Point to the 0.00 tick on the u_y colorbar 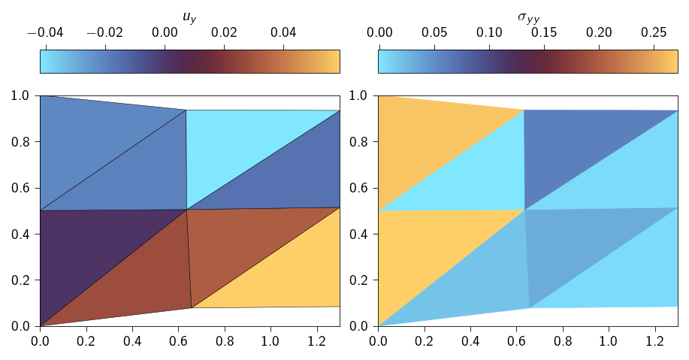tap(165, 33)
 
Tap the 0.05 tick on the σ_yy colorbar tap(434, 33)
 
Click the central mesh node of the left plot tap(186, 210)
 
